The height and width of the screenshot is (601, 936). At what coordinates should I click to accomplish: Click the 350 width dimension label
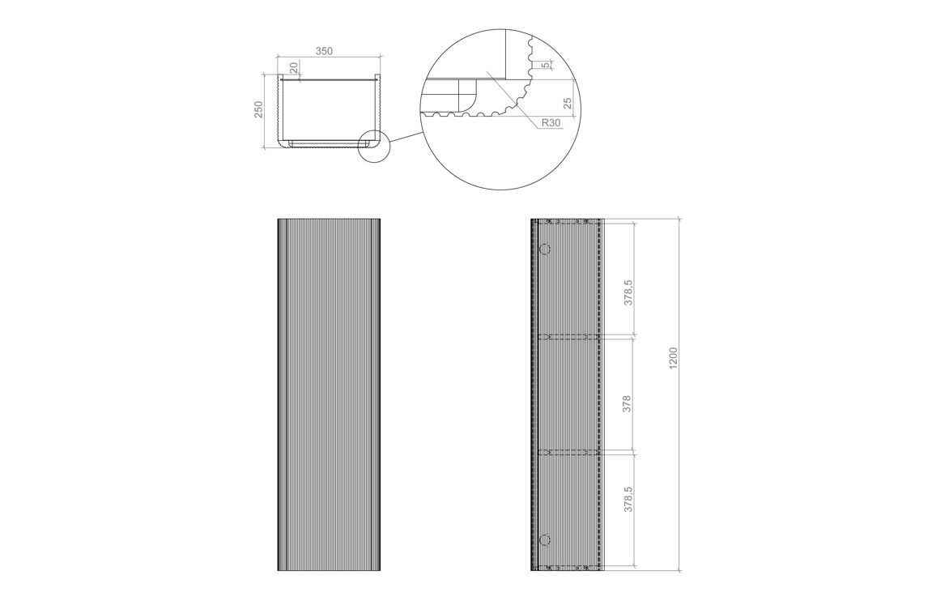323,51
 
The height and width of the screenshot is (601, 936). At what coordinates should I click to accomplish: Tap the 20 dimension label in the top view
293,67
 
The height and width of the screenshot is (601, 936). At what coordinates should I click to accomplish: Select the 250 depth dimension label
258,109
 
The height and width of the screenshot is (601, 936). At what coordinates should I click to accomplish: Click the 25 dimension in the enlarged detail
568,103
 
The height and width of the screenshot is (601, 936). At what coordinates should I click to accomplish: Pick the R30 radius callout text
551,123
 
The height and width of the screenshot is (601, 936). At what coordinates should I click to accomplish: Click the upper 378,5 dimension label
628,292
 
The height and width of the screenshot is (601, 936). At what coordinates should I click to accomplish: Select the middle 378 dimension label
627,404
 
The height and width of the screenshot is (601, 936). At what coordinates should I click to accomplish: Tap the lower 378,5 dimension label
628,498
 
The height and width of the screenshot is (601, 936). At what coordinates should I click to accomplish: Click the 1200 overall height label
674,357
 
